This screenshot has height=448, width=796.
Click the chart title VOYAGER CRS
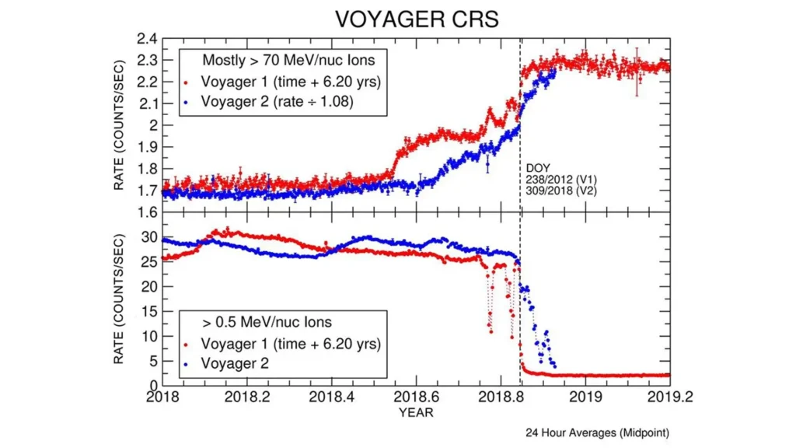click(416, 19)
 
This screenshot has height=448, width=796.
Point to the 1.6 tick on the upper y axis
click(147, 212)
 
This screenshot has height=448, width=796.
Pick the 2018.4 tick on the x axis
click(332, 397)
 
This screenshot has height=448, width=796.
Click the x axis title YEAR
click(416, 412)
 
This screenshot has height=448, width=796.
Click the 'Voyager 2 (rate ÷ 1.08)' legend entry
click(276, 101)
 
